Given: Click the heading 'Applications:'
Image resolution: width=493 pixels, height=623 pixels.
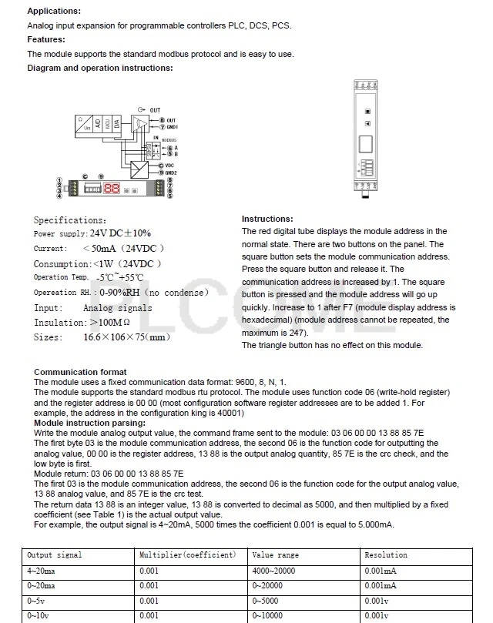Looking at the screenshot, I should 54,12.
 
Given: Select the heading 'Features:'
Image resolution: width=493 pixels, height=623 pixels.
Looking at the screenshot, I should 46,39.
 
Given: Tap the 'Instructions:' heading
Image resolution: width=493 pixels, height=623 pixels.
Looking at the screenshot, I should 267,219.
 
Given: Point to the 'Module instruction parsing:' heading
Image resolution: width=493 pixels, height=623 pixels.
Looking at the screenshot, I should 89,423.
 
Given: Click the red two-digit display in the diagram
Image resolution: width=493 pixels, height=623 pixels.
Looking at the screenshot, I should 111,187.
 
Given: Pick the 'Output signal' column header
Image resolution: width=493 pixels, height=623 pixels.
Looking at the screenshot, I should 55,555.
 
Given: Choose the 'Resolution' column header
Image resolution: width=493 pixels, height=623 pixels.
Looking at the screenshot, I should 386,555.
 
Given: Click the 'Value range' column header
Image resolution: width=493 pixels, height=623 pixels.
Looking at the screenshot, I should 276,555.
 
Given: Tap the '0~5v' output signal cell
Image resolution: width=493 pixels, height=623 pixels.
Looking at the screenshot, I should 36,601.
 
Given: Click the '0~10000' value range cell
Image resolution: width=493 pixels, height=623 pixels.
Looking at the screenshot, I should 268,616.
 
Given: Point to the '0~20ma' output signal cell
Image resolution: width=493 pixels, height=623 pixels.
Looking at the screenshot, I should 41,586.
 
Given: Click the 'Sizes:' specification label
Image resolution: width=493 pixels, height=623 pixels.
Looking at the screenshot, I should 48,337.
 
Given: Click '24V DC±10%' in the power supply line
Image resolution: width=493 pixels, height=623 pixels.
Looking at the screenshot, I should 120,233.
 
